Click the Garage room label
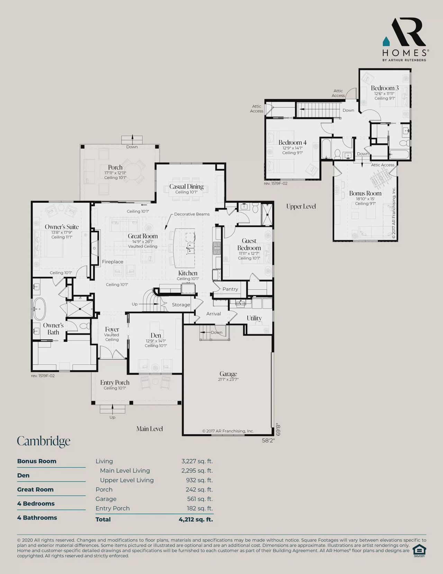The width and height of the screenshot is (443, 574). coord(228,374)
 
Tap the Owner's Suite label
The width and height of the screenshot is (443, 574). coord(62,227)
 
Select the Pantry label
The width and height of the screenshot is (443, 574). coord(230,289)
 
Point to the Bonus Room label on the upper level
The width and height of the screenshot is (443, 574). coord(365,193)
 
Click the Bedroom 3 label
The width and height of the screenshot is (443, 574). coord(385,88)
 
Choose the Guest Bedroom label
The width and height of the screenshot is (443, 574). coord(249,244)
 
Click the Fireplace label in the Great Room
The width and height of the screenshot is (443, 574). coord(112,262)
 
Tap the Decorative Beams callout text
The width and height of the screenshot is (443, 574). coord(192,214)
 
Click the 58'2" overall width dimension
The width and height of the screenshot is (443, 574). coord(268,441)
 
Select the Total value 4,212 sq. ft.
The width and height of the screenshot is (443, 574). coord(196,519)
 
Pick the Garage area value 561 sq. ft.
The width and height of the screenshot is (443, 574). coord(200,499)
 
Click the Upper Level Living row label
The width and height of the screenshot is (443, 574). coord(127,480)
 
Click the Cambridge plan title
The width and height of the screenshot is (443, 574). coord(44,441)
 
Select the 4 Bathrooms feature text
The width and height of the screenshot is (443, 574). coord(37,518)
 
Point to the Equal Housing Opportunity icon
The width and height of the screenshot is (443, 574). coord(419,550)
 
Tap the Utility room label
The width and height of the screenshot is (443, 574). coord(254,318)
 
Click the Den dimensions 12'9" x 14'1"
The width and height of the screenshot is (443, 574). coord(156,341)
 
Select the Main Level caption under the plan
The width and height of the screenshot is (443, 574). coord(150,429)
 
